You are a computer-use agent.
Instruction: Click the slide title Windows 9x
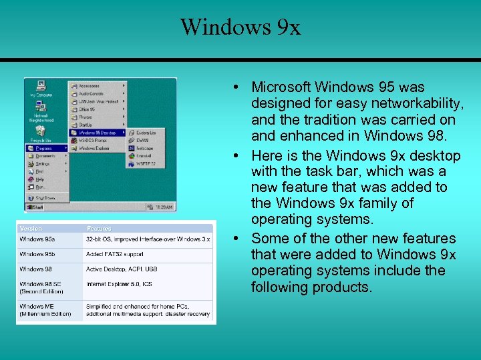click(x=240, y=27)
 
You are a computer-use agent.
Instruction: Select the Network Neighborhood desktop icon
click(x=41, y=110)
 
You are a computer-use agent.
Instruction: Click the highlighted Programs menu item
click(x=45, y=148)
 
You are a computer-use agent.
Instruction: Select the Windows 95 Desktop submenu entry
click(x=97, y=133)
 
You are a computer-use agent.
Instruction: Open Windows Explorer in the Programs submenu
click(x=96, y=148)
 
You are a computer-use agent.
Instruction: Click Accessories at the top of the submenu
click(x=90, y=85)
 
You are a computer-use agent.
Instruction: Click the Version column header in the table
click(x=31, y=228)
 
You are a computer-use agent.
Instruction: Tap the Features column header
click(x=99, y=228)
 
